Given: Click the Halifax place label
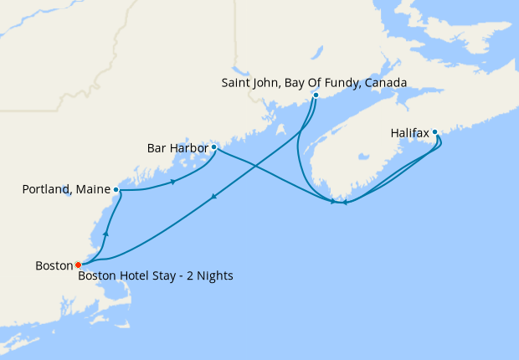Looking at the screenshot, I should [410, 132].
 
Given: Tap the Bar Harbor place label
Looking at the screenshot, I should [177, 148].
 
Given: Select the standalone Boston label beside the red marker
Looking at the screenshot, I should [54, 265].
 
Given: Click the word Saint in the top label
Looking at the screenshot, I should [237, 83].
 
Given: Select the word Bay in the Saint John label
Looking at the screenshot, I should [295, 83].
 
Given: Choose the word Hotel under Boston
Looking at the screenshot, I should [134, 275].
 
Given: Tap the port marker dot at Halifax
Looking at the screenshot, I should [435, 131].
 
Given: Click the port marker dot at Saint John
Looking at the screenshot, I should [316, 95].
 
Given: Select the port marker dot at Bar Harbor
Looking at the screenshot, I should [214, 147].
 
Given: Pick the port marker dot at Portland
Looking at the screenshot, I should [116, 190].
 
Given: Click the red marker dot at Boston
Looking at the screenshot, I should [79, 265].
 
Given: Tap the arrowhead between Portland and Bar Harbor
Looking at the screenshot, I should [172, 182].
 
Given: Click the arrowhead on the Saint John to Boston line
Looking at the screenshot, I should [214, 198].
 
